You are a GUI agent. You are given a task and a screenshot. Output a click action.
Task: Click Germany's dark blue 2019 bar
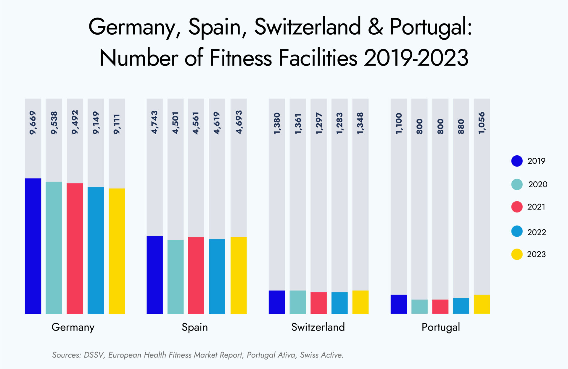(33, 246)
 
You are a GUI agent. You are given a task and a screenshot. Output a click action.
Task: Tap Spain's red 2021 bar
(196, 275)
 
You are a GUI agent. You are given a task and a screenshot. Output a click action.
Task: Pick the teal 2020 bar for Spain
(175, 277)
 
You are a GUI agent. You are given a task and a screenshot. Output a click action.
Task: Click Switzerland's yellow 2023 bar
(360, 302)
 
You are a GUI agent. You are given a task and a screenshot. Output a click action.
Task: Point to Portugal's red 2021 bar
(440, 307)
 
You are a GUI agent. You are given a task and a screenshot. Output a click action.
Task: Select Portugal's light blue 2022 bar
(461, 306)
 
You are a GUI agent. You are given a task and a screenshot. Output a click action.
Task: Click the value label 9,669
(33, 123)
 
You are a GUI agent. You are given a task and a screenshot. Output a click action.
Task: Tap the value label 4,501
(176, 123)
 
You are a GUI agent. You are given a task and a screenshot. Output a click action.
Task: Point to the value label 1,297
(319, 123)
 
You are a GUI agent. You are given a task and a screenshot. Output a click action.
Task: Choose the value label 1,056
(482, 123)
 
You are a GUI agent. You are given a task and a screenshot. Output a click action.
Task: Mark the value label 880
(461, 126)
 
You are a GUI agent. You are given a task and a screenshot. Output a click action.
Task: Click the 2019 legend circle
(517, 161)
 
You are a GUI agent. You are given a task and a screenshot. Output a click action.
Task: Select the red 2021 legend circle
(517, 207)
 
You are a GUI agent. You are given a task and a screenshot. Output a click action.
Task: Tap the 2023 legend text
(536, 254)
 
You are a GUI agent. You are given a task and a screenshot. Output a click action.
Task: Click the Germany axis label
(73, 327)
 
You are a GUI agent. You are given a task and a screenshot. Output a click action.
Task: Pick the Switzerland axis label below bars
(318, 327)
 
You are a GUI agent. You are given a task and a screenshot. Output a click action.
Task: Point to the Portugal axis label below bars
(440, 327)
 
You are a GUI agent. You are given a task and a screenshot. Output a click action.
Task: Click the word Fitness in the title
(241, 58)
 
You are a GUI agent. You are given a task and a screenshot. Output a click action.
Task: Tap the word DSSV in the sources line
(94, 355)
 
